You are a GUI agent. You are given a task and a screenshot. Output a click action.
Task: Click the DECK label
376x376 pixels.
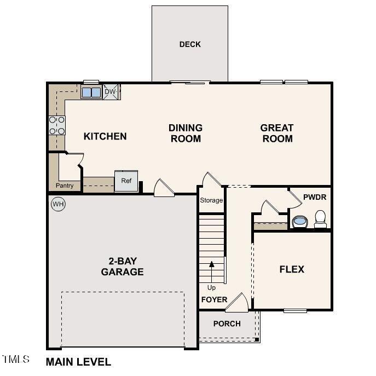click(x=190, y=44)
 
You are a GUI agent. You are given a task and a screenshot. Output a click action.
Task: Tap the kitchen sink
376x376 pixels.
click(x=91, y=92)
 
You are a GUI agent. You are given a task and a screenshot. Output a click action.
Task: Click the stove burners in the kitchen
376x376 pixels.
click(x=57, y=125)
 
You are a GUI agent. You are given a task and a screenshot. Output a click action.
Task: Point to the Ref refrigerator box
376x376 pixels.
click(x=126, y=181)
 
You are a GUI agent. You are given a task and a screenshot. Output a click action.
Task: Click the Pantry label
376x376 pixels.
click(x=65, y=186)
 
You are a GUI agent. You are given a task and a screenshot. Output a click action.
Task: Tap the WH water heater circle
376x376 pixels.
click(x=58, y=205)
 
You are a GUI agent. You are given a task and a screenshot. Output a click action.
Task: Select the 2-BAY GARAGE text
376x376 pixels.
click(x=122, y=266)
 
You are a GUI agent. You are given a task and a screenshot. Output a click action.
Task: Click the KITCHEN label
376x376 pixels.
click(x=105, y=136)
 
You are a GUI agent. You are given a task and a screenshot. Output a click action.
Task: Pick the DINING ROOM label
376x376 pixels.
click(x=186, y=133)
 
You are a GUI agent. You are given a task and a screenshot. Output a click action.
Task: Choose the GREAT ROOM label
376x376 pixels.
click(x=277, y=133)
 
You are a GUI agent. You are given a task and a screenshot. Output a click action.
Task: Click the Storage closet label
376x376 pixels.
click(x=211, y=200)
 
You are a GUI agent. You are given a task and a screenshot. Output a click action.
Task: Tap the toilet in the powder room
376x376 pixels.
click(x=320, y=219)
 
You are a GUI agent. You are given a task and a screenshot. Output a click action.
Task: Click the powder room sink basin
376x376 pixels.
click(x=299, y=222)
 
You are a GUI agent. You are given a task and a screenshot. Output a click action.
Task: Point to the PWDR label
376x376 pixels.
click(x=314, y=195)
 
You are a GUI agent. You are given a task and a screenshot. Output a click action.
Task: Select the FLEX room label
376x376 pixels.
click(x=292, y=269)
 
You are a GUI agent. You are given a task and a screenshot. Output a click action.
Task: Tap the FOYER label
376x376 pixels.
click(x=214, y=300)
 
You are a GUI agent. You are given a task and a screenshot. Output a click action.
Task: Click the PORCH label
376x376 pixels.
click(x=227, y=324)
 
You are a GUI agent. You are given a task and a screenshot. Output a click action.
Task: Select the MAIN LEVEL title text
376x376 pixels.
click(x=78, y=362)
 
